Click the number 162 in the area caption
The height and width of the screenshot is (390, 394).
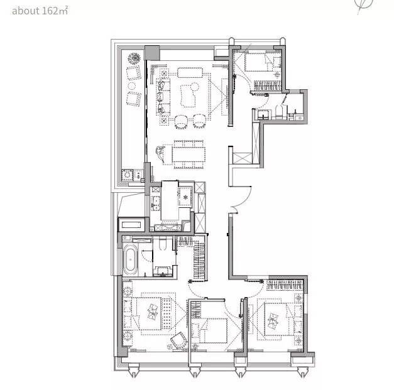point(49,11)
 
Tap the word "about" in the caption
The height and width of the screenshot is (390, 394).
point(25,11)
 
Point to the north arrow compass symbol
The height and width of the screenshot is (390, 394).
point(364,6)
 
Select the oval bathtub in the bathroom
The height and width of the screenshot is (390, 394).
point(130,259)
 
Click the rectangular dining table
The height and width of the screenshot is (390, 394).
point(189,154)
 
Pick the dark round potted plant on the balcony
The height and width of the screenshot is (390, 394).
point(134,59)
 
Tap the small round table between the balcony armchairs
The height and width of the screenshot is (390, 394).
point(132,85)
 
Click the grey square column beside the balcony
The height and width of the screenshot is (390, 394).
point(152,53)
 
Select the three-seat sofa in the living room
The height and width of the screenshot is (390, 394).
point(163,97)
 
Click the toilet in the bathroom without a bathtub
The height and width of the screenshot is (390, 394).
point(279,112)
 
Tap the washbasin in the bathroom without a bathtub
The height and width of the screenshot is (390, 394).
point(263,115)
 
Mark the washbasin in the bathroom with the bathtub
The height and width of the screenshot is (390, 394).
point(163,271)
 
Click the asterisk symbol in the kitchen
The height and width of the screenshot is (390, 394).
point(186,197)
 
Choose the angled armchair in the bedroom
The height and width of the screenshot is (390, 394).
point(178,340)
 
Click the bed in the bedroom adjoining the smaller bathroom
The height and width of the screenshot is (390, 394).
point(258,62)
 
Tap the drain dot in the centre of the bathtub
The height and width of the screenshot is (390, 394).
point(130,259)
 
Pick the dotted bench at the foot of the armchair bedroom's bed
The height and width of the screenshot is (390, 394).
point(165,313)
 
